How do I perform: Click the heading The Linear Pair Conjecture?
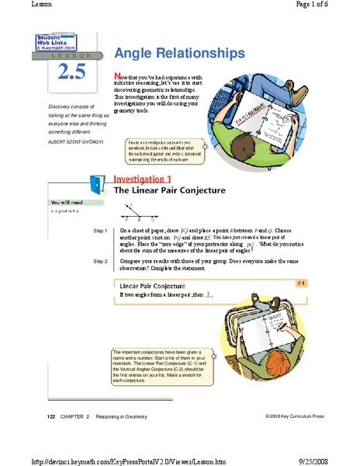click(159, 190)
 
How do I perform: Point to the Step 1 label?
click(99, 231)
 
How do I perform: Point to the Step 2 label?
click(99, 261)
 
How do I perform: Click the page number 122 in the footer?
click(50, 418)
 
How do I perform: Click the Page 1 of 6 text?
click(334, 5)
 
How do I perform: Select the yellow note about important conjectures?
click(158, 369)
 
